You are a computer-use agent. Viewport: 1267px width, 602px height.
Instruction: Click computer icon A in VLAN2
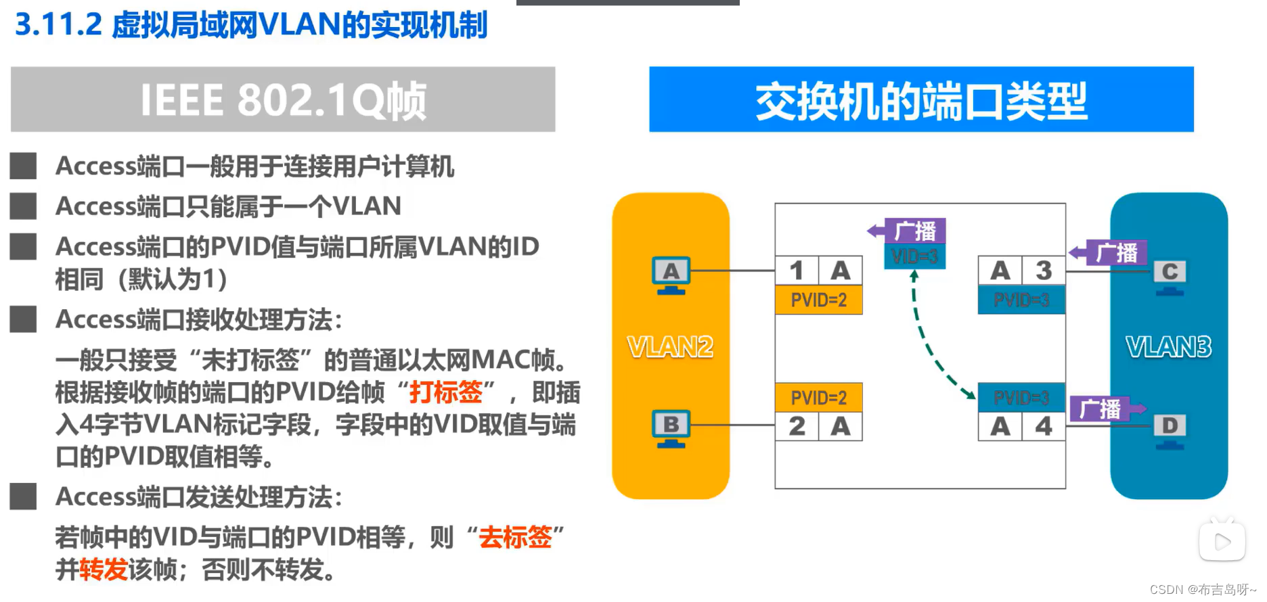click(670, 275)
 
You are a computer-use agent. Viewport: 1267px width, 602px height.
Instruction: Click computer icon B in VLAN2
click(670, 427)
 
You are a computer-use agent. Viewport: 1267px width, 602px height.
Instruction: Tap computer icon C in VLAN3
click(1170, 276)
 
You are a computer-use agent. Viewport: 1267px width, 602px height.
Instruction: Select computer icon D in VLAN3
click(1170, 430)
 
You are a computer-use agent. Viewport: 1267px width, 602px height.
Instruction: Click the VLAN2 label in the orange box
click(670, 347)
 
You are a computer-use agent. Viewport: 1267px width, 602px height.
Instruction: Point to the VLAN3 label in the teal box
click(1168, 347)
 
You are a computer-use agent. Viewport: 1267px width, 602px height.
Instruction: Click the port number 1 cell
click(797, 271)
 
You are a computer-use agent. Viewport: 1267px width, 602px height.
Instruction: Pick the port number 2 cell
click(797, 426)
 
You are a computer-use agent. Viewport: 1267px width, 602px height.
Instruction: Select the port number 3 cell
click(1044, 271)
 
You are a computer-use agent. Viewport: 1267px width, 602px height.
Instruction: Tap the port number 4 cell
click(1044, 426)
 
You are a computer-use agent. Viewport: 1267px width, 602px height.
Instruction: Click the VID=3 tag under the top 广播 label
click(914, 256)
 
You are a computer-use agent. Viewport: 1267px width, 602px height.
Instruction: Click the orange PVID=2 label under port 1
click(818, 300)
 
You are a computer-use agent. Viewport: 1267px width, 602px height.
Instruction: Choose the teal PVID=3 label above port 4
click(1021, 397)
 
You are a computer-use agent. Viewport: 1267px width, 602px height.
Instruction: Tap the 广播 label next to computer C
click(1117, 253)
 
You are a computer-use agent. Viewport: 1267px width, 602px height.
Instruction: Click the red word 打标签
click(446, 392)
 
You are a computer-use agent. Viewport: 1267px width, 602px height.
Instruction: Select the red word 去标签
click(515, 537)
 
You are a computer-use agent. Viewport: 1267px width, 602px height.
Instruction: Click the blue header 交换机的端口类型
click(921, 99)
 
